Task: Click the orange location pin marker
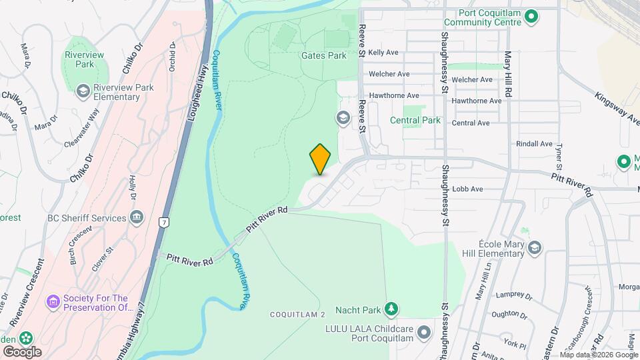point(321,159)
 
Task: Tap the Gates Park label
point(324,56)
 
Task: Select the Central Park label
point(415,121)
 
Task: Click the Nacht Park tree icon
point(392,309)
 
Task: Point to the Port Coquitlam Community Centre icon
point(531,15)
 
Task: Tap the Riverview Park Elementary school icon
point(83,91)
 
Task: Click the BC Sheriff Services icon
point(137,217)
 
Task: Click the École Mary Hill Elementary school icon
point(534,248)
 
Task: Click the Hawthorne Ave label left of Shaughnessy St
point(393,96)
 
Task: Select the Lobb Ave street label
point(467,189)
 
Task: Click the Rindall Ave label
point(534,144)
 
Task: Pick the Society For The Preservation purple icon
point(53,302)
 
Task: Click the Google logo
point(22,351)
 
